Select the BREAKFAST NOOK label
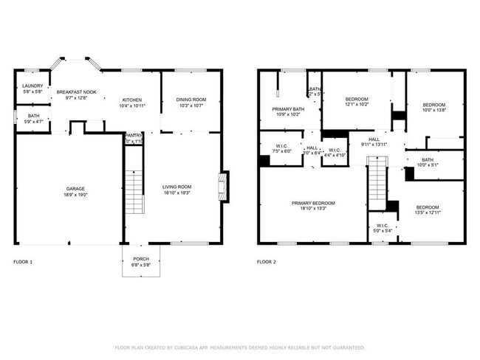(77, 92)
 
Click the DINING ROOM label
(191, 100)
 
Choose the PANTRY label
(134, 136)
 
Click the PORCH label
(140, 259)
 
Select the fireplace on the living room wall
(223, 187)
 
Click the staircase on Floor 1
(133, 190)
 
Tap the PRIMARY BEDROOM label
(312, 204)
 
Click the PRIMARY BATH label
(278, 109)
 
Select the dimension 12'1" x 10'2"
(357, 104)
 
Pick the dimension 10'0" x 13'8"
(433, 110)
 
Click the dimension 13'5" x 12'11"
(428, 212)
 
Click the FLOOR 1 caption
(23, 262)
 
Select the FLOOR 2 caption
(266, 262)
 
